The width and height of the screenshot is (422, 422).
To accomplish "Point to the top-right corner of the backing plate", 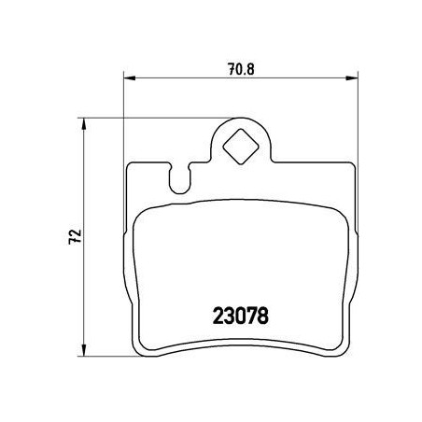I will coord(351,166).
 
